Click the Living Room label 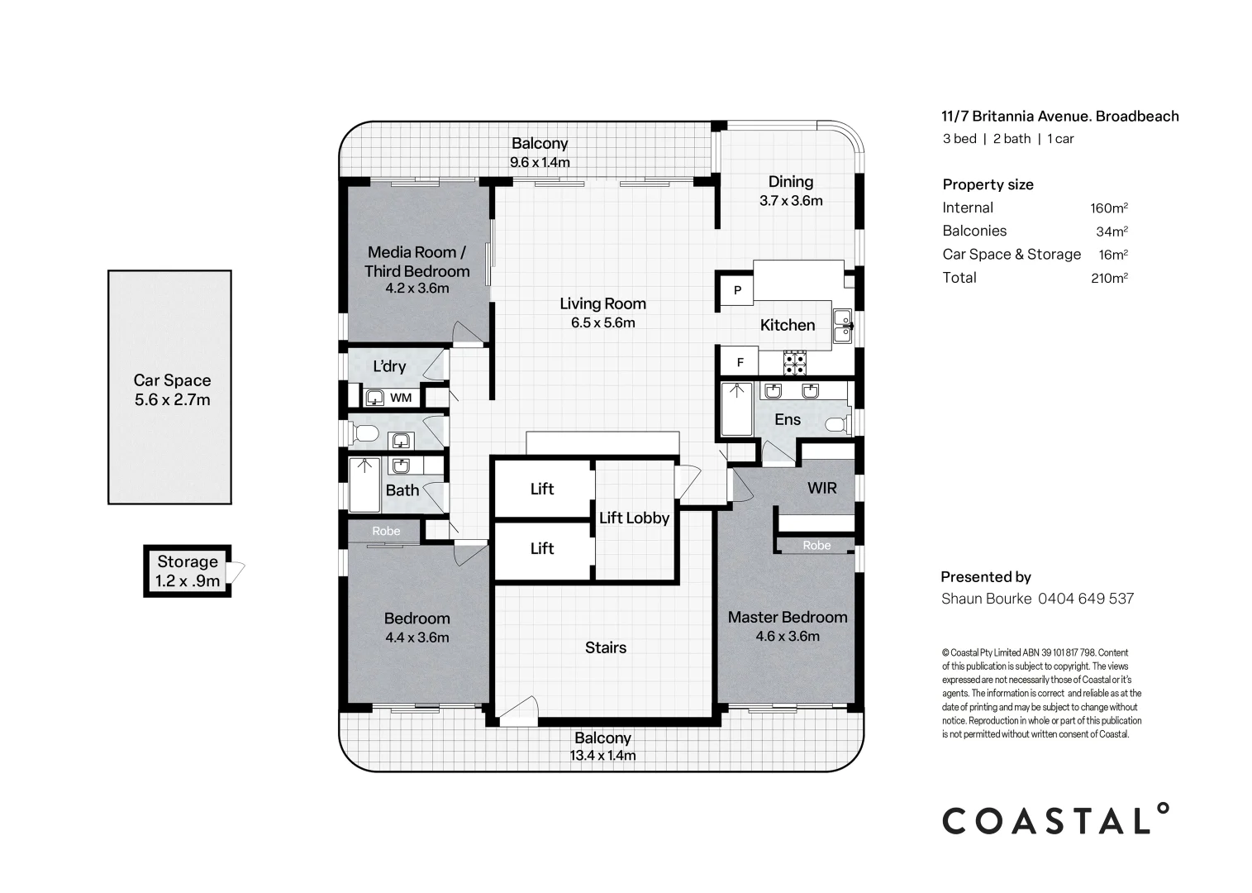(602, 303)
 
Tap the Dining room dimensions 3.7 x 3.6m (791, 201)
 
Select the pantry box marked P (737, 290)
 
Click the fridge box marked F (740, 362)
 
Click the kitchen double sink (842, 326)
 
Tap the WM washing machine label (401, 398)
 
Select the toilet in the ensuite (837, 424)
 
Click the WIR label (821, 488)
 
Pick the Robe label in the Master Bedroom (816, 545)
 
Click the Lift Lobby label (634, 518)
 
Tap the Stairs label (606, 647)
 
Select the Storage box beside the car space (188, 571)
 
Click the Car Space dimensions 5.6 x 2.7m (172, 400)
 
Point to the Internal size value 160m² (1108, 208)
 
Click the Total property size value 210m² (1108, 278)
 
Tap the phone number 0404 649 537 (1085, 598)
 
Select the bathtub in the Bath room (364, 485)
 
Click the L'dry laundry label (389, 366)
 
